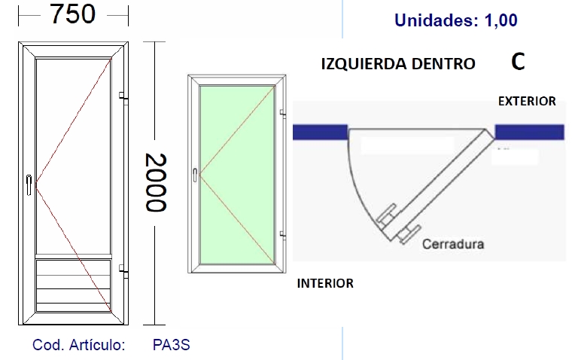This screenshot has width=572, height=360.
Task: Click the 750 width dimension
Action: [72, 14]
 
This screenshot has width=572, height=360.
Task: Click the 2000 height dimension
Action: [156, 182]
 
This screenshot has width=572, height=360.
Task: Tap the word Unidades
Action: [436, 20]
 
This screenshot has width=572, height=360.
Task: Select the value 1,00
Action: [500, 20]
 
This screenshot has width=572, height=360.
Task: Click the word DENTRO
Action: [443, 64]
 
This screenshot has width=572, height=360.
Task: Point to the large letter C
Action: [518, 62]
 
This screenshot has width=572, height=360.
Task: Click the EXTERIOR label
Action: [527, 101]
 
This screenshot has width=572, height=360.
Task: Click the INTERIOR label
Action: [325, 283]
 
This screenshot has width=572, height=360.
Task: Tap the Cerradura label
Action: [453, 244]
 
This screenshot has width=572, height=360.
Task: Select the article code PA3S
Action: [171, 345]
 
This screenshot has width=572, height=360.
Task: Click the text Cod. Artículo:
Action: [79, 345]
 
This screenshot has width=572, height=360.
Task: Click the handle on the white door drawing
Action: [29, 185]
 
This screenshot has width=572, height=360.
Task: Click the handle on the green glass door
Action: [195, 175]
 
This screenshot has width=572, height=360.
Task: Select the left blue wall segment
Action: [320, 132]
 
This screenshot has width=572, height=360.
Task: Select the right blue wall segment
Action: [529, 132]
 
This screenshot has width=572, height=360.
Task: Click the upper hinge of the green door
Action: [283, 114]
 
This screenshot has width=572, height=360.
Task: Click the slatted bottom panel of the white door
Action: [73, 285]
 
